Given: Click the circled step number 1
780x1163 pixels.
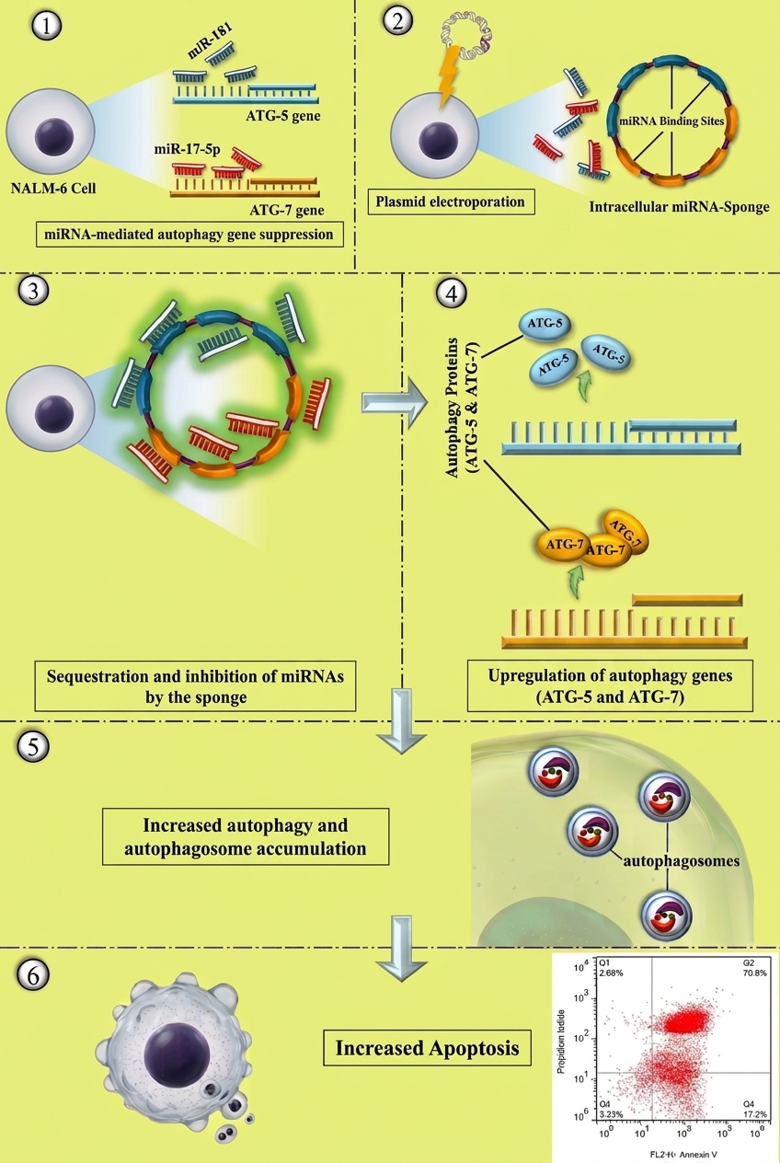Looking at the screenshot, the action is pos(47,26).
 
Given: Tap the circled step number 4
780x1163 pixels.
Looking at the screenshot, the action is pos(452,294).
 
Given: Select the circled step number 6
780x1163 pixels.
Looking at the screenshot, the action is pos(33,976).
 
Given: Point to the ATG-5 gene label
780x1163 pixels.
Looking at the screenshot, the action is pos(283,115).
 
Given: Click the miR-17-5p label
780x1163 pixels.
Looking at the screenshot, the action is pos(188,150).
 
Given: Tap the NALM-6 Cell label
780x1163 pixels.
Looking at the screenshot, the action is pos(53,188).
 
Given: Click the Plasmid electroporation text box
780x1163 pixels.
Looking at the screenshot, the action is pos(451,202).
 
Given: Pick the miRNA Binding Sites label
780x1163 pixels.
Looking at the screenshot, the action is pos(671,121).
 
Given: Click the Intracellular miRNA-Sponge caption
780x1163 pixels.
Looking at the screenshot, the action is pos(680,207).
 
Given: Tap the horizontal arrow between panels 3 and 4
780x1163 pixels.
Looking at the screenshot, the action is pos(395,403).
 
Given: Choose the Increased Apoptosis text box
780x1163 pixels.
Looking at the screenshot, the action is pos(428,1048).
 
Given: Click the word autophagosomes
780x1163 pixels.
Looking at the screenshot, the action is pos(681,861).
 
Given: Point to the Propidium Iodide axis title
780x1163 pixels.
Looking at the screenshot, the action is pos(560,1042).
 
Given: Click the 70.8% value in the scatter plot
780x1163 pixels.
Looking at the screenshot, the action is pos(755,973).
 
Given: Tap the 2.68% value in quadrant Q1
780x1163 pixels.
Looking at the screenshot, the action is pos(612,973).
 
